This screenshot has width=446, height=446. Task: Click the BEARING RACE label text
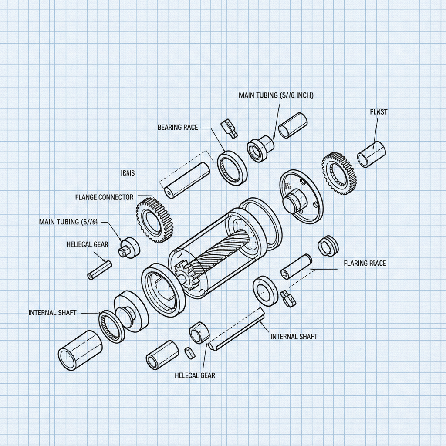coord(177,127)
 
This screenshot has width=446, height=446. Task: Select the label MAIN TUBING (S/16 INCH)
coord(276,95)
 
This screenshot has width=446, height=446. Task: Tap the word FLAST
coord(378,112)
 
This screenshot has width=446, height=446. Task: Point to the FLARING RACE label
coord(365,263)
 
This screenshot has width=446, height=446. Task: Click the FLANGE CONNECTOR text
coord(104,197)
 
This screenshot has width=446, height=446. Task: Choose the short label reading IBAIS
coord(127,173)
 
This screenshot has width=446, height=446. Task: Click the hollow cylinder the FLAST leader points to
coord(372,154)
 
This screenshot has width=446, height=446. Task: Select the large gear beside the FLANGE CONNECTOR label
coord(154,220)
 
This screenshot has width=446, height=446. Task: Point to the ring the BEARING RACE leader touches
coord(232,168)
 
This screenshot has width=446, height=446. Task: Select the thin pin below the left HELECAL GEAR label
coord(100,270)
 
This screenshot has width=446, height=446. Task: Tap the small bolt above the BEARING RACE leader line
coord(229,128)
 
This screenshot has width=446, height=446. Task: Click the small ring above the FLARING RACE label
coord(328,246)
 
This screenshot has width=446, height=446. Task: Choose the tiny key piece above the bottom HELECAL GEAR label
coord(189,353)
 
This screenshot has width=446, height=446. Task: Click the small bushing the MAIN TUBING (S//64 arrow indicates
coord(128,247)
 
